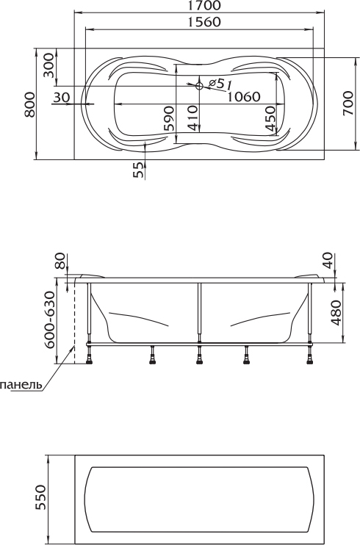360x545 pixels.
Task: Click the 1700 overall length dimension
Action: [x=204, y=6]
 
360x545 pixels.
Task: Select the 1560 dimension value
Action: [x=204, y=22]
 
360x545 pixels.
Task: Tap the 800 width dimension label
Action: [x=30, y=104]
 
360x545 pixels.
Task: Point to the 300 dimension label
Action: [x=49, y=65]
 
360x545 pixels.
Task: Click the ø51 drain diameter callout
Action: [x=220, y=83]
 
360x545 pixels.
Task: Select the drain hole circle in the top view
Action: [x=199, y=86]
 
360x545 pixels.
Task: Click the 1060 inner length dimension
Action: [x=243, y=96]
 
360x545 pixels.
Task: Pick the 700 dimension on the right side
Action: [x=348, y=103]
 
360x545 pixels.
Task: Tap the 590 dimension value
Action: [x=169, y=118]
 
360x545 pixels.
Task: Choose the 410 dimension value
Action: [x=192, y=118]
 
